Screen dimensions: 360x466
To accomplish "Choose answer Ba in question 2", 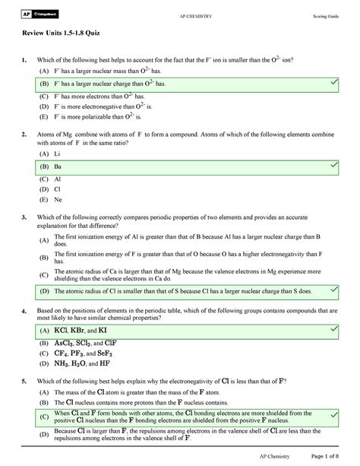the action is point(58,165).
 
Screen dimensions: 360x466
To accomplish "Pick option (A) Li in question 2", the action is point(58,152).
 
